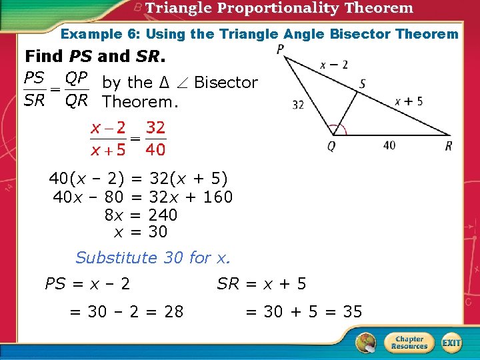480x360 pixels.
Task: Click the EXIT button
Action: click(x=451, y=343)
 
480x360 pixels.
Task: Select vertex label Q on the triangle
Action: click(x=331, y=146)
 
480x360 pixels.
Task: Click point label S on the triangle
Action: click(x=362, y=83)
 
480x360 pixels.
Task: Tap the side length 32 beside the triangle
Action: click(x=298, y=104)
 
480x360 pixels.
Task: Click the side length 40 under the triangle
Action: click(x=389, y=144)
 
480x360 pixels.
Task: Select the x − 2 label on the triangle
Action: click(x=334, y=65)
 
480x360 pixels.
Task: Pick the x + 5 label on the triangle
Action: click(x=408, y=101)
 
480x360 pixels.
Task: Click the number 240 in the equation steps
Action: click(x=163, y=215)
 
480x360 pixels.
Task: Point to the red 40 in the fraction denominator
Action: click(x=155, y=150)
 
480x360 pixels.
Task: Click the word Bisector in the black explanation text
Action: click(x=225, y=83)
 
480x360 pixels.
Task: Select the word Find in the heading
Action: click(x=44, y=56)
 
